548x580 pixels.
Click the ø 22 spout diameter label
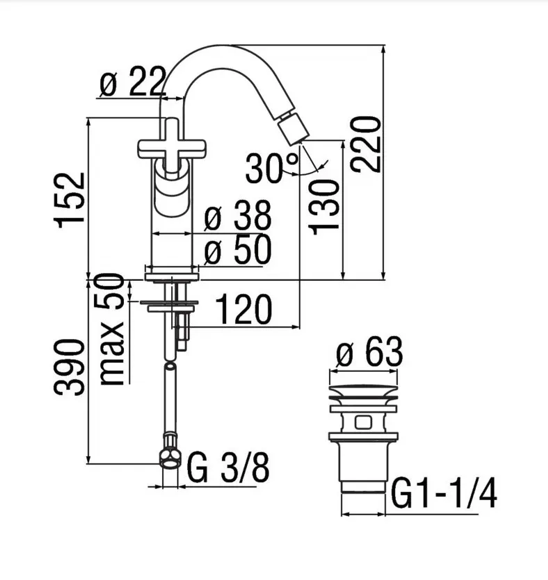tap(132, 81)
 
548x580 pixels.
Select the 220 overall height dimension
tap(366, 144)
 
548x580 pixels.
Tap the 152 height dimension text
tap(70, 200)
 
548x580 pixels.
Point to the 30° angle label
tap(271, 168)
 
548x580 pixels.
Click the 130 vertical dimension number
tap(324, 208)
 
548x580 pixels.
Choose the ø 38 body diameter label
tap(238, 215)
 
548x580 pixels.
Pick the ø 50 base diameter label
tap(238, 249)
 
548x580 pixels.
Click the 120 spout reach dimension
tap(243, 310)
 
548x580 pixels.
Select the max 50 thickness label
tap(112, 329)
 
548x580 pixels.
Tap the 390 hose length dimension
tap(70, 367)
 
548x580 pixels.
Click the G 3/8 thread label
tap(228, 467)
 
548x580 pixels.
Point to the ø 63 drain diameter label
tap(369, 351)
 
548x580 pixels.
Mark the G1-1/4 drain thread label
tap(444, 493)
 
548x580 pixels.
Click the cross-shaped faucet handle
tap(172, 146)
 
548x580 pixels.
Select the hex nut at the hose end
tap(170, 458)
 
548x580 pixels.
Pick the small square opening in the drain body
tap(363, 422)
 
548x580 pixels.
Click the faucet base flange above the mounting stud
tap(172, 276)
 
